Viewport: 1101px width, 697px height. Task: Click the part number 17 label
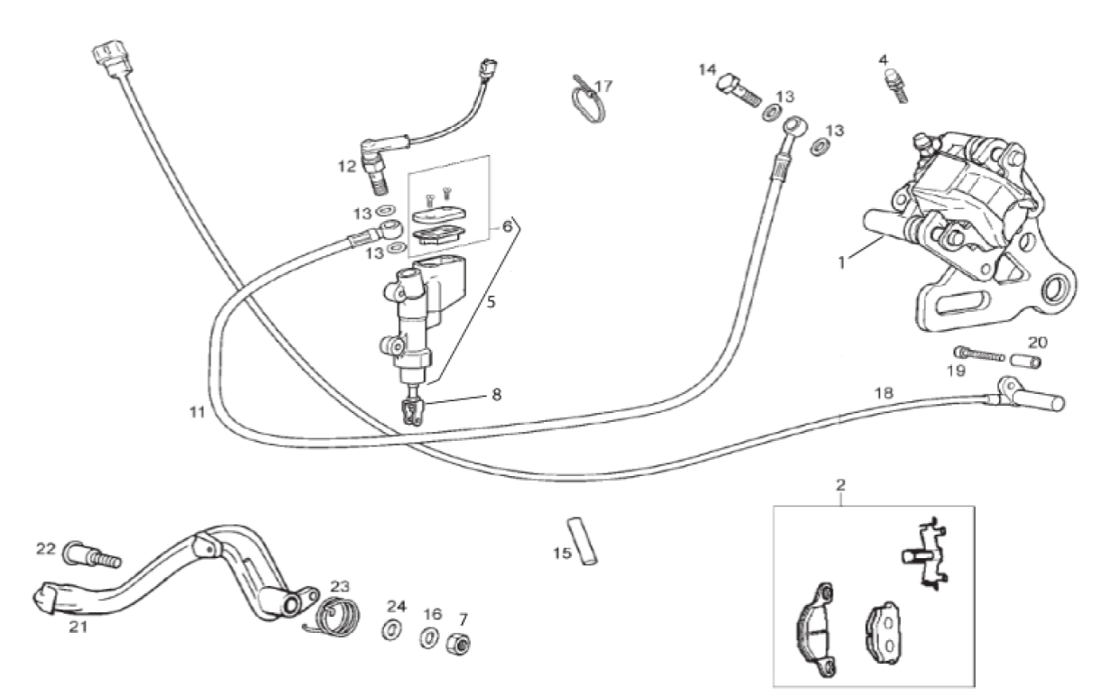(x=603, y=87)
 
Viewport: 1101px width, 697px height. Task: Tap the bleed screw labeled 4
(x=896, y=86)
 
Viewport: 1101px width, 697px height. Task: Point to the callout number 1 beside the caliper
(x=841, y=262)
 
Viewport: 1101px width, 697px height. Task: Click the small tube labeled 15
(x=583, y=541)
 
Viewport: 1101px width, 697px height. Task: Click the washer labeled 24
(x=391, y=629)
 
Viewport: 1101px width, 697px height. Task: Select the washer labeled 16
(x=428, y=637)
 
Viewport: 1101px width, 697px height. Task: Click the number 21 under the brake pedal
(x=78, y=627)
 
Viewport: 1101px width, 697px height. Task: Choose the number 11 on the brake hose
(x=197, y=412)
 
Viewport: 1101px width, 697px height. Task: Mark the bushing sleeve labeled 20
(x=1025, y=362)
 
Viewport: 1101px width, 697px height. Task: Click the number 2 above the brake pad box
(x=840, y=485)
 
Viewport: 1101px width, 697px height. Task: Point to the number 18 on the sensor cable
(x=884, y=393)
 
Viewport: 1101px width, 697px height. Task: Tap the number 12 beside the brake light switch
(x=346, y=167)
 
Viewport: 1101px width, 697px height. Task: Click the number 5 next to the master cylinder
(x=491, y=302)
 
